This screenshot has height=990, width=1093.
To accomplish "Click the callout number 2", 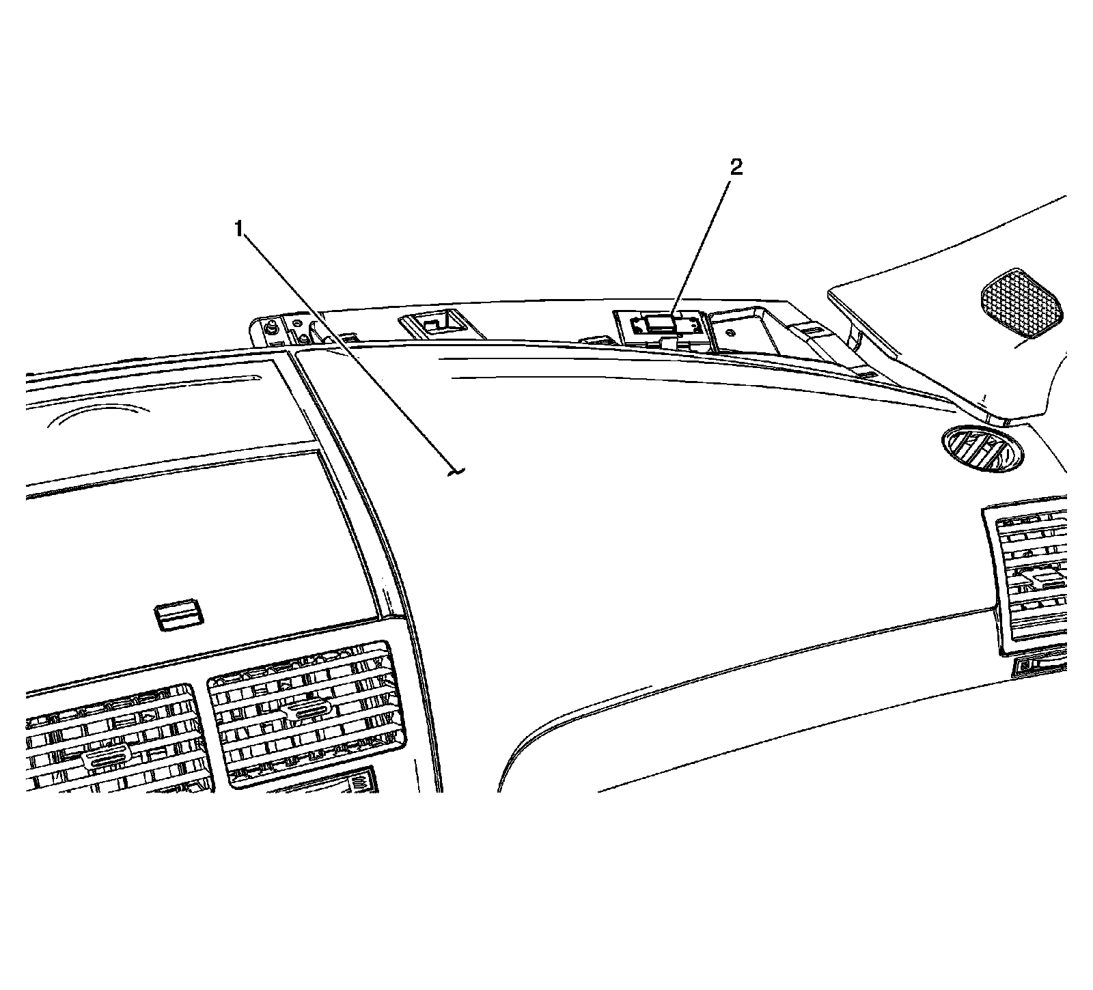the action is pos(736,167).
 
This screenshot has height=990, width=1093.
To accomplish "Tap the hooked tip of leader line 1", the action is pos(456,471).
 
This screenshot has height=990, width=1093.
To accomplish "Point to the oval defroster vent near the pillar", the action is pos(982,449).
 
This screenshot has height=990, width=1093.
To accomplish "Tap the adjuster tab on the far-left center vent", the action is pos(106,759).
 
